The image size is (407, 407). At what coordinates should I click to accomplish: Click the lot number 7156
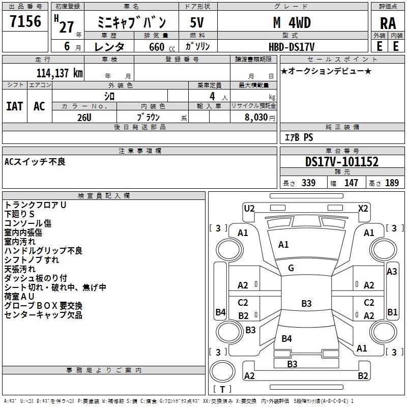pyautogui.click(x=25, y=21)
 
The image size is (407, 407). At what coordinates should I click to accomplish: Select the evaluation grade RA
pyautogui.click(x=388, y=23)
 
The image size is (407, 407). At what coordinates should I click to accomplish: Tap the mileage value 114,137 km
pyautogui.click(x=60, y=73)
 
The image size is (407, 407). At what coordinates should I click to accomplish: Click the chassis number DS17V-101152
pyautogui.click(x=342, y=162)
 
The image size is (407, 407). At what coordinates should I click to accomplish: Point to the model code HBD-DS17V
pyautogui.click(x=292, y=47)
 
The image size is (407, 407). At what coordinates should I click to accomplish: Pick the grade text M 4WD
pyautogui.click(x=292, y=22)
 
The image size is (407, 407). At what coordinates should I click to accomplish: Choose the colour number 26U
pyautogui.click(x=84, y=118)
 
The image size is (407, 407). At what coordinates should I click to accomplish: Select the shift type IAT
pyautogui.click(x=15, y=106)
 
